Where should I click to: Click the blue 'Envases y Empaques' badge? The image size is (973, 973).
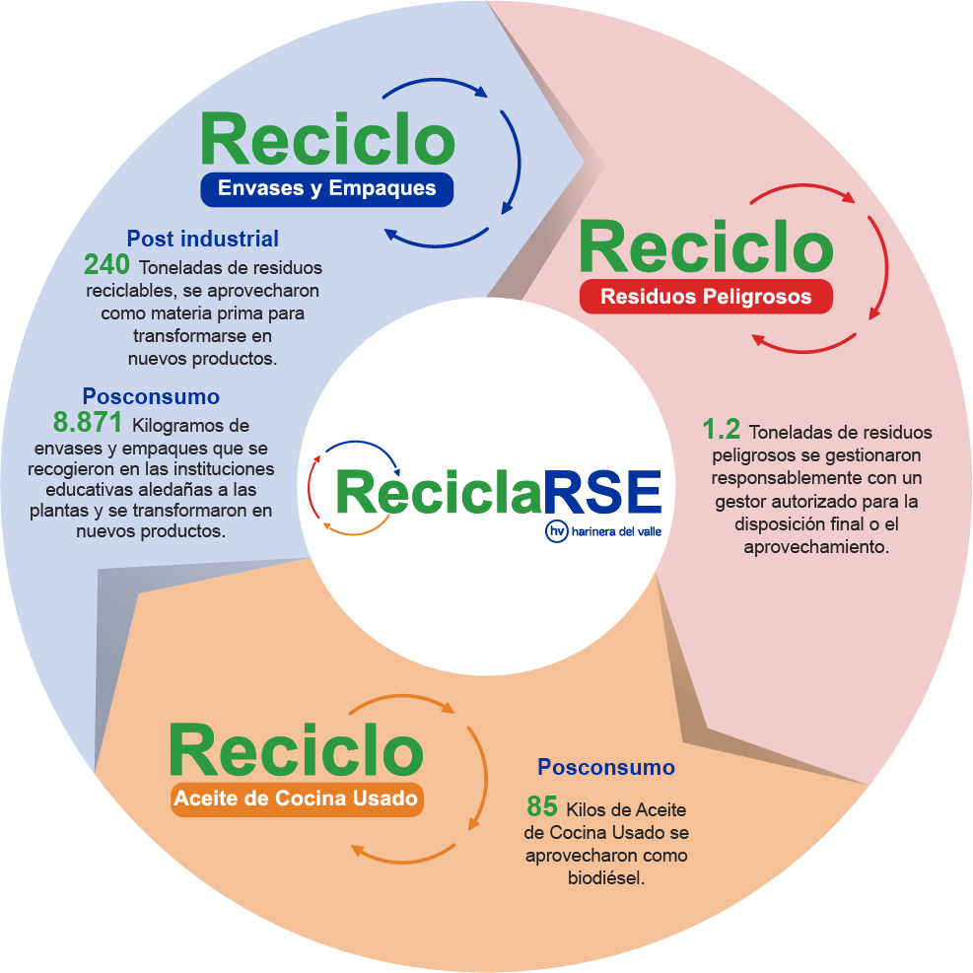pyautogui.click(x=326, y=188)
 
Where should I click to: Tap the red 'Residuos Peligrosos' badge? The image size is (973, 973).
pyautogui.click(x=706, y=296)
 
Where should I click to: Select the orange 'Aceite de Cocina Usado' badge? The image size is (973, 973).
pyautogui.click(x=296, y=799)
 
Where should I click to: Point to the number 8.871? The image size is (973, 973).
pyautogui.click(x=88, y=424)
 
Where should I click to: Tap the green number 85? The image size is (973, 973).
pyautogui.click(x=542, y=806)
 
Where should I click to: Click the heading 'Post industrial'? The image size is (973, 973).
pyautogui.click(x=202, y=239)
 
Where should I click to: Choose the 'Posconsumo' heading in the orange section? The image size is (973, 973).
pyautogui.click(x=605, y=767)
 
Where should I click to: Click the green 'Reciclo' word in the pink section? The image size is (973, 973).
pyautogui.click(x=705, y=246)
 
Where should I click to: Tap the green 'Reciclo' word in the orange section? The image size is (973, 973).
pyautogui.click(x=296, y=751)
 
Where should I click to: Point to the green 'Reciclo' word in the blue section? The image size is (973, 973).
pyautogui.click(x=327, y=139)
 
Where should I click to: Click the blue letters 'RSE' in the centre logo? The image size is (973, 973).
pyautogui.click(x=602, y=490)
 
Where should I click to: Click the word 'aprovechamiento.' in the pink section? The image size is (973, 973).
pyautogui.click(x=816, y=545)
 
